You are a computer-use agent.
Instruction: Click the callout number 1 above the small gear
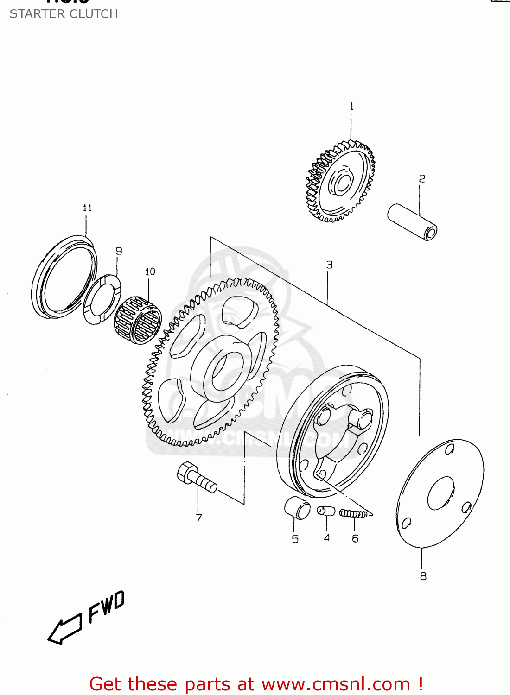point(351,107)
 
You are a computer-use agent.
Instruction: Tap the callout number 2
point(421,179)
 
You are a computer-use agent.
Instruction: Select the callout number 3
point(329,265)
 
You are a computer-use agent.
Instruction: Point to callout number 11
point(87,208)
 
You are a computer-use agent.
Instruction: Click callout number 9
point(119,251)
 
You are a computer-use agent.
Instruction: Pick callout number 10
point(150,272)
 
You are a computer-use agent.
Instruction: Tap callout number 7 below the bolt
point(199,518)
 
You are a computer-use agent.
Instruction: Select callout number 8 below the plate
point(423,576)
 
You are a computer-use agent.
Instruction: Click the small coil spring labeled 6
point(353,513)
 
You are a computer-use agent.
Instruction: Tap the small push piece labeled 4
point(326,511)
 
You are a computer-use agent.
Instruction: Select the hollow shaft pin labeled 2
point(412,222)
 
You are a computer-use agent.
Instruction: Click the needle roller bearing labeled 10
point(138,320)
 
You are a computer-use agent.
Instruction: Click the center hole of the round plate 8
point(440,493)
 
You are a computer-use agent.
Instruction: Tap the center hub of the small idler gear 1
point(342,183)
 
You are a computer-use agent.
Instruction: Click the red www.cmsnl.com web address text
point(336,684)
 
